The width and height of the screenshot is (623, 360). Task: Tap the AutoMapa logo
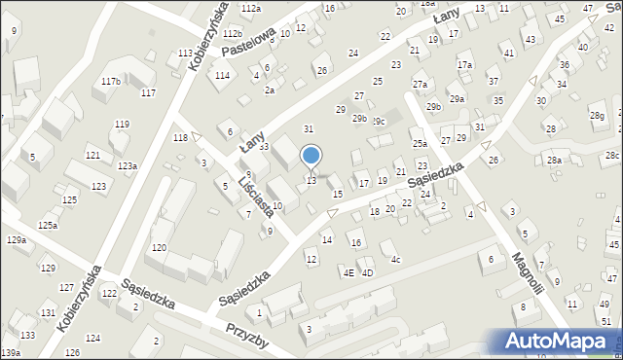coord(558,341)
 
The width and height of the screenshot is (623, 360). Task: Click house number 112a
coord(251,8)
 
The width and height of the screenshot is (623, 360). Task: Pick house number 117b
coord(111,81)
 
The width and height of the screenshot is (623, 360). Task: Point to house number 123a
coord(128,166)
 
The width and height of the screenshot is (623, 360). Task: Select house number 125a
coord(48,225)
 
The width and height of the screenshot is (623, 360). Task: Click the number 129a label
coord(16,239)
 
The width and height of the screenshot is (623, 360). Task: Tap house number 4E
coord(348,272)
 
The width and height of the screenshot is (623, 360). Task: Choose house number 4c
coord(395,260)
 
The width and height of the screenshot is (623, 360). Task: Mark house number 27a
coord(420,85)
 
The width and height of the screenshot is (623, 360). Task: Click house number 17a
coord(464,65)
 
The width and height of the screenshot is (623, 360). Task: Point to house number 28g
coord(596,116)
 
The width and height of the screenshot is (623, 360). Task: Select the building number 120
coord(159,248)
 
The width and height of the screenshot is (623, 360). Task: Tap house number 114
coord(222,75)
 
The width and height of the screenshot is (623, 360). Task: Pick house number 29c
coord(378,121)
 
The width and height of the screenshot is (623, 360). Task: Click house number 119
coord(122,125)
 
